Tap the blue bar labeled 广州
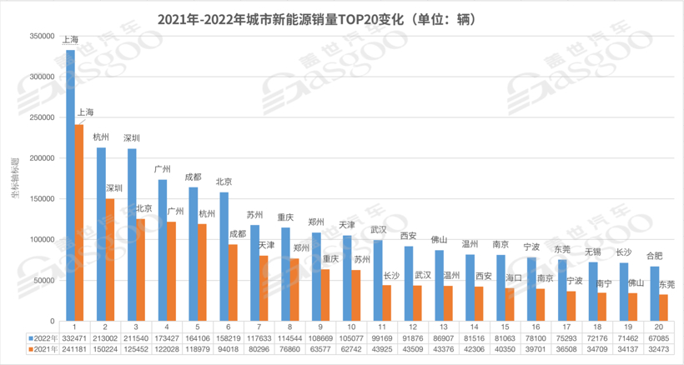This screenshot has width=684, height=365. [x=163, y=250]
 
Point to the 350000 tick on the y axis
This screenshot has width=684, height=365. [x=41, y=36]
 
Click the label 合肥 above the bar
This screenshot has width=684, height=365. [x=655, y=256]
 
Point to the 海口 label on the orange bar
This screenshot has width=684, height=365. [x=512, y=278]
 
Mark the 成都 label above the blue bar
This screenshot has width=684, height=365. [x=193, y=177]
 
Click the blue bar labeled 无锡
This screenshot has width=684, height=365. [x=593, y=291]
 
